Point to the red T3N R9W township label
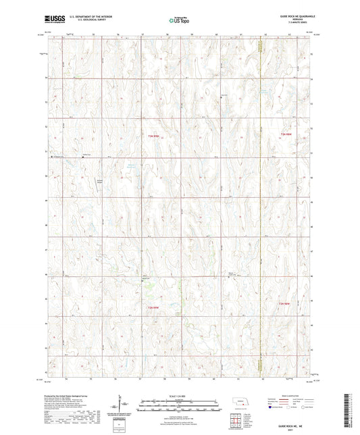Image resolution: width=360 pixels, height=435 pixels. [x=154, y=135]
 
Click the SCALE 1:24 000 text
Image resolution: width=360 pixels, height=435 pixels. [x=179, y=394]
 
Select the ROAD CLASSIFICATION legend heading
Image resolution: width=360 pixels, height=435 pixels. [x=292, y=396]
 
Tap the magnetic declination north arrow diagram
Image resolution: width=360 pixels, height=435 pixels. [x=122, y=406]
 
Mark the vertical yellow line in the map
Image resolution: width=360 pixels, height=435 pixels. [x=259, y=203]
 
